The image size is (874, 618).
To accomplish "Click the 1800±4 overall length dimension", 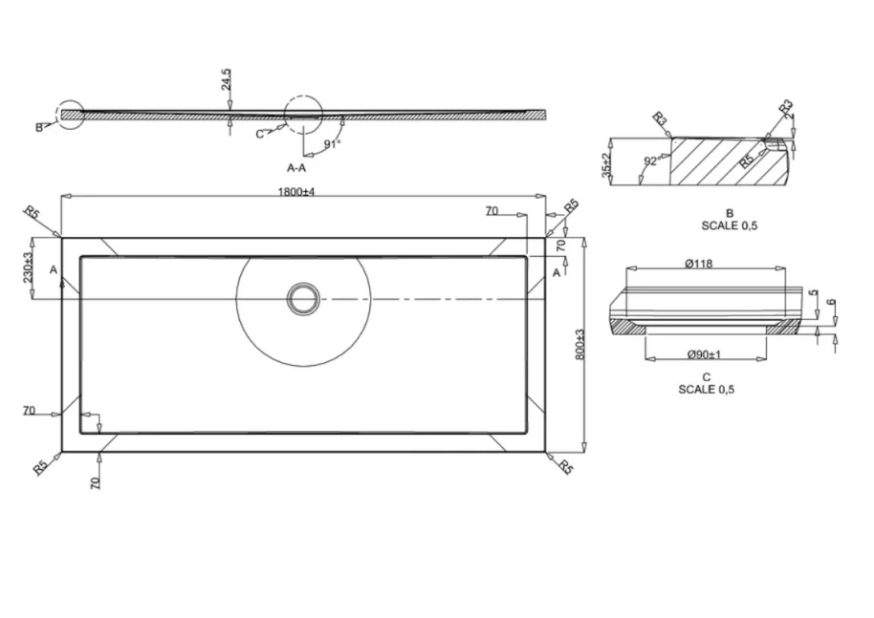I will (x=295, y=192).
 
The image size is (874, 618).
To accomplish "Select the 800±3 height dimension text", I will (x=579, y=344).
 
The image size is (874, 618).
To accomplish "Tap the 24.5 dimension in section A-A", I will (x=227, y=78).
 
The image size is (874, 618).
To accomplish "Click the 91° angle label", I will (x=332, y=144).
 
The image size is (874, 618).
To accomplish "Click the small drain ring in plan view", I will (x=304, y=299).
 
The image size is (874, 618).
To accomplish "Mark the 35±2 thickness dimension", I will (x=605, y=164).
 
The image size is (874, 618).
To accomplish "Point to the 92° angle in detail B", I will (x=650, y=162).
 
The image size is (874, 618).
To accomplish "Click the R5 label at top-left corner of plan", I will (x=33, y=212).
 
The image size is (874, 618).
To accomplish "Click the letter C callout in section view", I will (x=259, y=134).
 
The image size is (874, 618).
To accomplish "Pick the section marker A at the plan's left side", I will (x=54, y=272).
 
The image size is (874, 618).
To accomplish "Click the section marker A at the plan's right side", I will (x=556, y=272).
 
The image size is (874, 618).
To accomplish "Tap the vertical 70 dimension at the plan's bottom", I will (x=95, y=482).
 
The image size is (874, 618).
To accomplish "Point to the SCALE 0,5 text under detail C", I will (x=707, y=390).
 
